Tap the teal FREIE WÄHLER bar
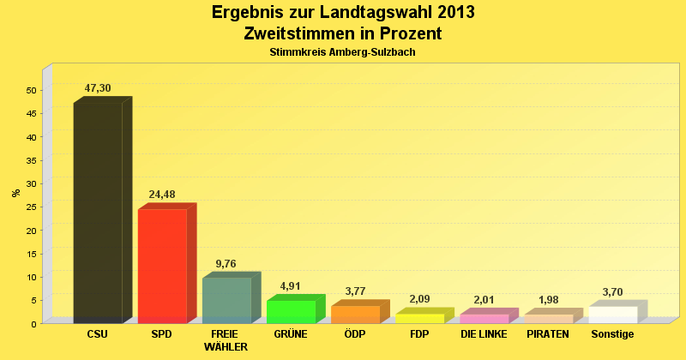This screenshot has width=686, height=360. (226, 299)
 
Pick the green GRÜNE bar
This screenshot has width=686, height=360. (292, 311)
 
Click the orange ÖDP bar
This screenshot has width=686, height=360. (355, 314)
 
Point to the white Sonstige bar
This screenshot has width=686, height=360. (613, 314)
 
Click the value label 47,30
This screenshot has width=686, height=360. (98, 88)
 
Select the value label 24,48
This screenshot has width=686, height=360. (162, 195)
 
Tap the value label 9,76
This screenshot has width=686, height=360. (226, 264)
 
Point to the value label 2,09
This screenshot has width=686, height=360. (419, 299)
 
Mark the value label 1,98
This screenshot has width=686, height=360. (549, 300)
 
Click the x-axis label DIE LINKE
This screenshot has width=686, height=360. (484, 334)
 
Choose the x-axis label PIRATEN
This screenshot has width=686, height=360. (548, 334)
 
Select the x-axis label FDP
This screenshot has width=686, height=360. (419, 334)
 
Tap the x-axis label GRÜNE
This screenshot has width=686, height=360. (291, 334)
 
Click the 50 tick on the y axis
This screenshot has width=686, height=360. (31, 91)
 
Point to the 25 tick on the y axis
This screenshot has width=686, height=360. (31, 207)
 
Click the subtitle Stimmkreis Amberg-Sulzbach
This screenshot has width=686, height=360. (342, 53)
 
